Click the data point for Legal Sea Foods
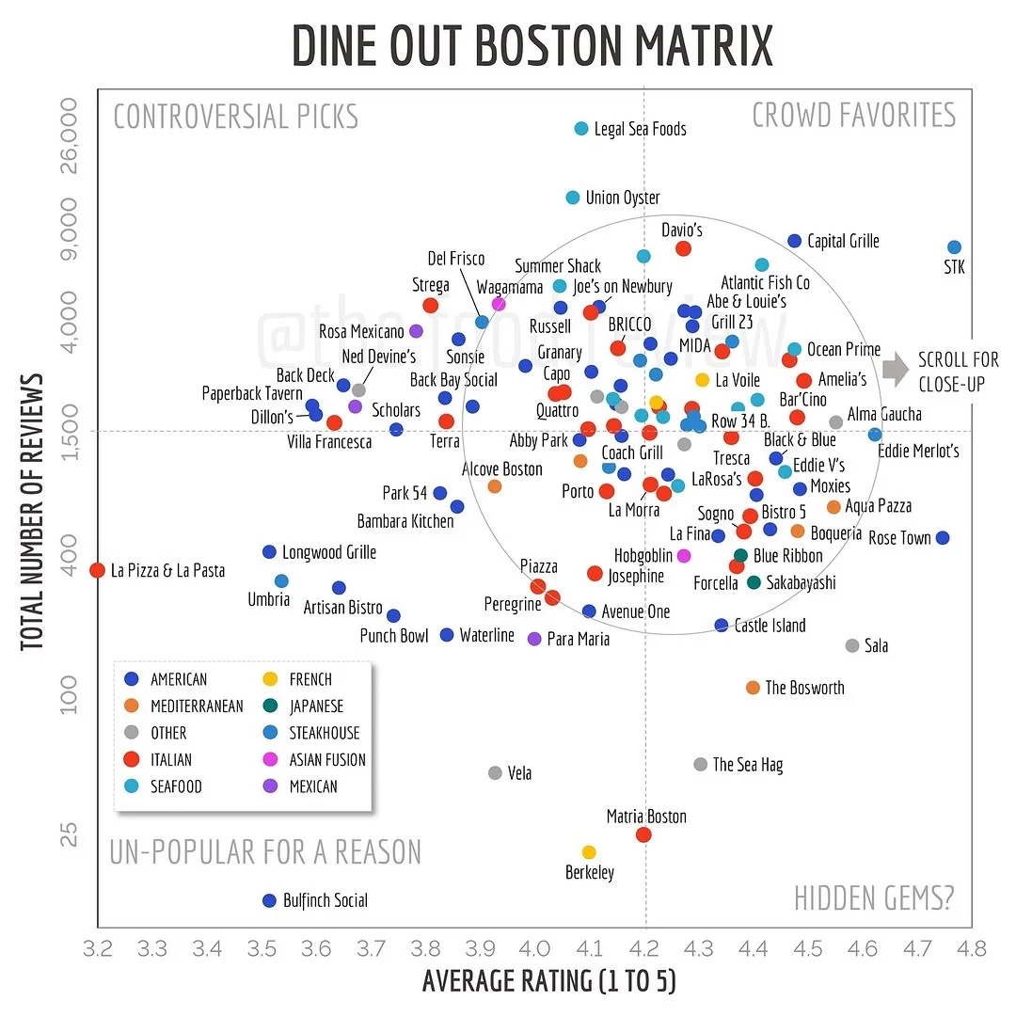(581, 129)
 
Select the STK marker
(954, 247)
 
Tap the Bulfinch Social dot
(269, 900)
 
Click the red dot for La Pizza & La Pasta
(97, 570)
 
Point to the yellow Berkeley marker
(589, 851)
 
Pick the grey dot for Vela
(496, 772)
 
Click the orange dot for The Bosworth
(753, 688)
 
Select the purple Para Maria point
(534, 639)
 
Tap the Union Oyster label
(623, 198)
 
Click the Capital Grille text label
(843, 241)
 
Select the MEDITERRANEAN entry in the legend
(197, 706)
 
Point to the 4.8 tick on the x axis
(971, 948)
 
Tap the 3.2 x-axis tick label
(98, 948)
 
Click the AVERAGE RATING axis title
(549, 981)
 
